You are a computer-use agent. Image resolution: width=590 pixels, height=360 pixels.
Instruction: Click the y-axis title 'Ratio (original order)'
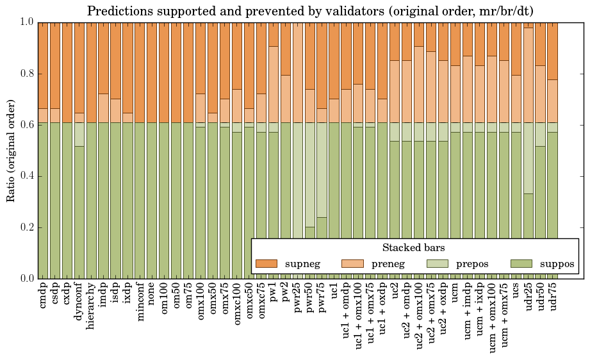[x=11, y=150]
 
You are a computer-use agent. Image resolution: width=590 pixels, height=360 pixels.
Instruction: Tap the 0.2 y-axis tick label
[x=26, y=227]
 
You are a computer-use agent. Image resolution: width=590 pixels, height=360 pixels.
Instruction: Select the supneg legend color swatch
[x=266, y=264]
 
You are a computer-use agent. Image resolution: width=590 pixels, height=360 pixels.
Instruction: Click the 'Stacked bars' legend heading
[x=414, y=248]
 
